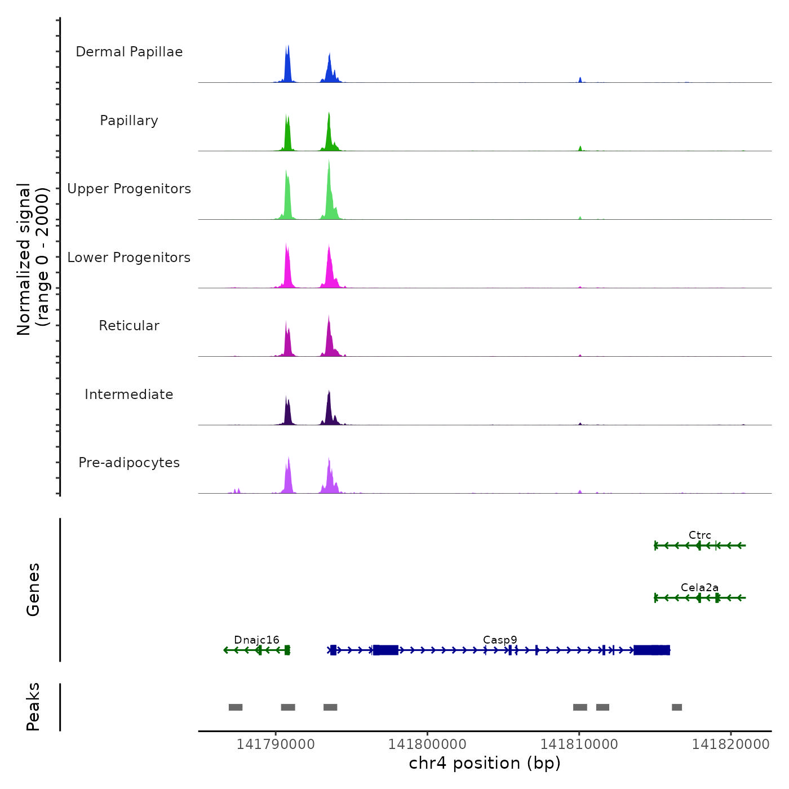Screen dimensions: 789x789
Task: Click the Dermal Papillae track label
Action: [129, 52]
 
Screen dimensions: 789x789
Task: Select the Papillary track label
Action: [129, 121]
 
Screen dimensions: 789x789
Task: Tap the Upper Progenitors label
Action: [129, 189]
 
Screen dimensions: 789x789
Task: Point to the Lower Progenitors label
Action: [129, 258]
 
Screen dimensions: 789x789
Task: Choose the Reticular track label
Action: [129, 326]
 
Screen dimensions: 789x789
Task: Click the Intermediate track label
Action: [129, 394]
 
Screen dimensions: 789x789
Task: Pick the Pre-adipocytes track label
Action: [129, 463]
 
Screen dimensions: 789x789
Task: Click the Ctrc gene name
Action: [700, 535]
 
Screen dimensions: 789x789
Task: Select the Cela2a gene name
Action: [700, 587]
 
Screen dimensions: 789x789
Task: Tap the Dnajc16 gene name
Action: [256, 640]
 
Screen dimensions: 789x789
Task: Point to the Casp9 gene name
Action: [500, 640]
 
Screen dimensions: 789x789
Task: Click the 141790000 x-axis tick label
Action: [276, 744]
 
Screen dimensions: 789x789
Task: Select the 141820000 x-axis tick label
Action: [731, 744]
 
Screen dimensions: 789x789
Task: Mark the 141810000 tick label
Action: [579, 744]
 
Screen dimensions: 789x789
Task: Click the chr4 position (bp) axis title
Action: [485, 763]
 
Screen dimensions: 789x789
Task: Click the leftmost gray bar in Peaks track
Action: [236, 707]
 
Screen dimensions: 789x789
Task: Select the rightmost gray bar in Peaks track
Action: [677, 707]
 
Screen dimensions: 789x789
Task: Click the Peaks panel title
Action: [33, 707]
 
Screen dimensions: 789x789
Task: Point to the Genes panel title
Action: [33, 589]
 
